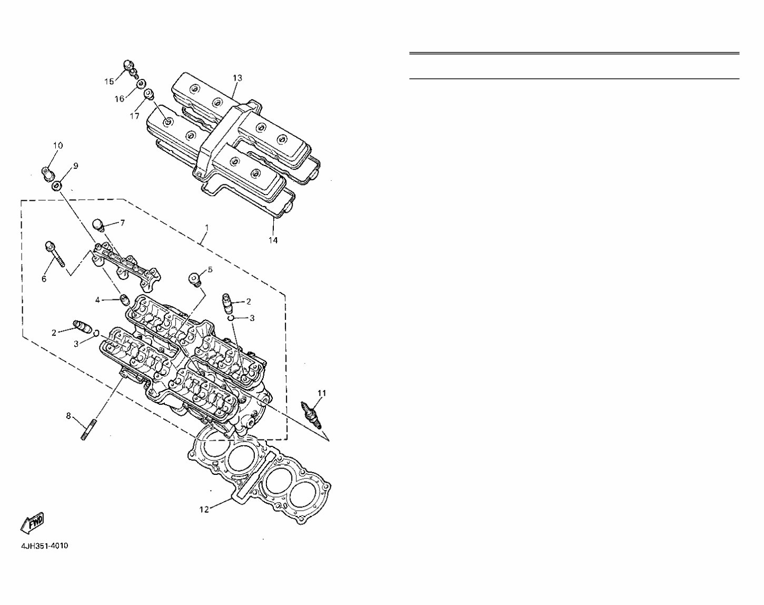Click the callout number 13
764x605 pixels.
tap(237, 78)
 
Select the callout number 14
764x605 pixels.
tap(273, 240)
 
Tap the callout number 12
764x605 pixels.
tap(204, 509)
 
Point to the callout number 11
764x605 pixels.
tap(322, 393)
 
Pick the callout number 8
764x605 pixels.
tap(68, 416)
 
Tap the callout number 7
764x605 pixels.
tap(122, 223)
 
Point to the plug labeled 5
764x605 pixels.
tap(195, 278)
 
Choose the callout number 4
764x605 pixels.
tap(97, 300)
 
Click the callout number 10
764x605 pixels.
tap(58, 145)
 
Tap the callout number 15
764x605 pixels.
tap(109, 81)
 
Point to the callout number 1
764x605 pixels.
tap(207, 228)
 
